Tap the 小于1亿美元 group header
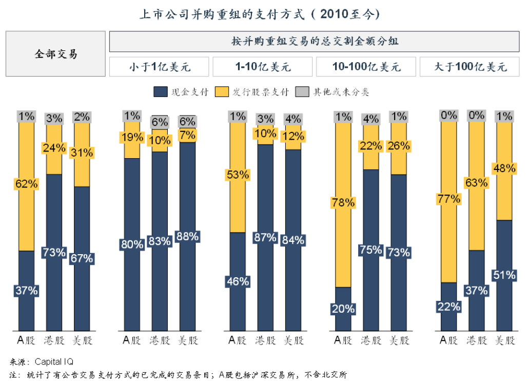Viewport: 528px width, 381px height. click(159, 67)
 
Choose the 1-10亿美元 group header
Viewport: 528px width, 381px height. click(263, 67)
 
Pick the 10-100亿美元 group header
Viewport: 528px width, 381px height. click(366, 67)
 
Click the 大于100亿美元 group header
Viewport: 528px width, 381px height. click(470, 67)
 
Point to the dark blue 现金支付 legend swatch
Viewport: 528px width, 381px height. click(161, 92)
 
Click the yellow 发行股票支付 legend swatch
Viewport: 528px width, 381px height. click(222, 92)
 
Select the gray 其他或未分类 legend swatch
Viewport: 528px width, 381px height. click(304, 92)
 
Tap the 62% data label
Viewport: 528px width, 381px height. click(27, 183)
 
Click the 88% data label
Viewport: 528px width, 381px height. click(187, 237)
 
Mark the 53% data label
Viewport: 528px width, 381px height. click(238, 175)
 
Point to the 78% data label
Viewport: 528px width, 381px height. click(343, 202)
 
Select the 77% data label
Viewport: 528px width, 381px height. click(449, 199)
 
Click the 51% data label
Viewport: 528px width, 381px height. click(504, 275)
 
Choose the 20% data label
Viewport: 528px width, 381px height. click(343, 309)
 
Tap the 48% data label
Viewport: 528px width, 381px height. click(504, 168)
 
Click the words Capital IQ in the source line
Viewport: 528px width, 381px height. click(54, 362)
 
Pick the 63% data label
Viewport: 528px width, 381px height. click(477, 182)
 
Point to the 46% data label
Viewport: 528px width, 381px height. click(238, 281)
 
